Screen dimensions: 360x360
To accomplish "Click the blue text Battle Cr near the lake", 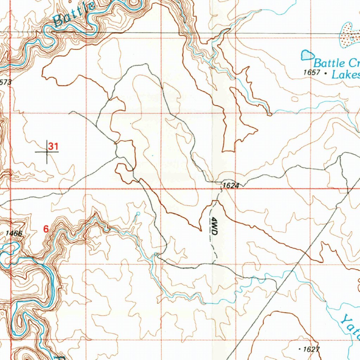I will [335, 63].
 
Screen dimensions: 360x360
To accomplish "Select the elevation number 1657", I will [311, 73].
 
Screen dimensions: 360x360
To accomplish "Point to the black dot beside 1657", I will [326, 73].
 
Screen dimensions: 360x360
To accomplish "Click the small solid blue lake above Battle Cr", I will [308, 55].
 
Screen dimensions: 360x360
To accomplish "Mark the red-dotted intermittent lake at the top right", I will [348, 35].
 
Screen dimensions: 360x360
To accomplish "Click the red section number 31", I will [53, 146].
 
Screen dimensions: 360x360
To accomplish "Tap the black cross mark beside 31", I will [47, 152].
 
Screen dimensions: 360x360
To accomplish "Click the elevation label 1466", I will [14, 233].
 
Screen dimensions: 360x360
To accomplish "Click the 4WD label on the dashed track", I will [214, 227].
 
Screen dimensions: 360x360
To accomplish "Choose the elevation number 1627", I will [311, 349].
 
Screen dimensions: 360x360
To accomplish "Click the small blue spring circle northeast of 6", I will [138, 213].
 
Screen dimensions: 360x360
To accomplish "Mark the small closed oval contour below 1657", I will [295, 99].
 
